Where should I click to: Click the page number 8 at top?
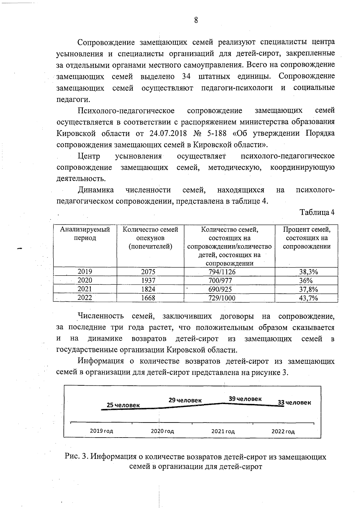(196, 20)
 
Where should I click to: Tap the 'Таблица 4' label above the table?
(317, 212)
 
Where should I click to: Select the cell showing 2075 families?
(148, 272)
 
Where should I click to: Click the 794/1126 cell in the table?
(222, 272)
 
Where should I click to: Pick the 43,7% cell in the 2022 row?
(308, 298)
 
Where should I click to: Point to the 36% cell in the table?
(306, 281)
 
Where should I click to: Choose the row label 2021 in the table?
(85, 289)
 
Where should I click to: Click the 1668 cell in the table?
(148, 298)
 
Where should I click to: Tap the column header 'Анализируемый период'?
(85, 234)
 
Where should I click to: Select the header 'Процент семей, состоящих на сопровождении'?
(307, 238)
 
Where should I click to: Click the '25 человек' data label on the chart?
(123, 405)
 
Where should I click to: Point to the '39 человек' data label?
(245, 399)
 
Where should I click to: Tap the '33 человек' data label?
(294, 402)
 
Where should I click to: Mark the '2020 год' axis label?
(162, 431)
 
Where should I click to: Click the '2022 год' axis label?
(283, 432)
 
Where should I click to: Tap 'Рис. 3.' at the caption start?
(76, 457)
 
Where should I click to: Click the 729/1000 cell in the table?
(222, 298)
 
